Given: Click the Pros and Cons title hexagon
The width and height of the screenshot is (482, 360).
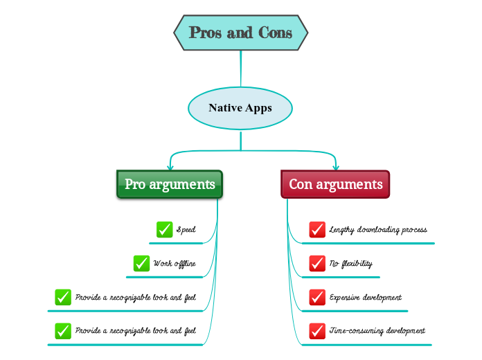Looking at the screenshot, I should [x=240, y=33].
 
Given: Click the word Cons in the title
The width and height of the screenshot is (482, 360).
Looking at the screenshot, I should [x=275, y=33].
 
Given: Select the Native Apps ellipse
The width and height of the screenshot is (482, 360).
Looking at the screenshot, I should [x=240, y=108].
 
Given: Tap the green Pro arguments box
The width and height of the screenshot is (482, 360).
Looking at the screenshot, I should [x=170, y=184].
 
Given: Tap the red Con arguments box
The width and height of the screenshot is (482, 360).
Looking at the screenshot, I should [x=335, y=184].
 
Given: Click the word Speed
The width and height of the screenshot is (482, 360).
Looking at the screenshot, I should [x=186, y=229].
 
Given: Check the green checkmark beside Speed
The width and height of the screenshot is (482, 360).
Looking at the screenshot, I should [x=164, y=229].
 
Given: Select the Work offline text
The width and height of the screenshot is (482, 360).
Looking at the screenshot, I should [x=175, y=263].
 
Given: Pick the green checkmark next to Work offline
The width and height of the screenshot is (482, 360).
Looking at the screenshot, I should [x=142, y=263].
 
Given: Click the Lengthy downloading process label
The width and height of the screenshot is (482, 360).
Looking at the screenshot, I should [x=377, y=229].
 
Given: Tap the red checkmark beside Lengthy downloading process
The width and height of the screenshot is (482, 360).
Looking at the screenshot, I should [x=317, y=229].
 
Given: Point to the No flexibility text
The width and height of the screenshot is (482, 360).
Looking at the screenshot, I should [x=350, y=263].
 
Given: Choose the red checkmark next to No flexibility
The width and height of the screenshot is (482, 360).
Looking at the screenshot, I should [x=317, y=263].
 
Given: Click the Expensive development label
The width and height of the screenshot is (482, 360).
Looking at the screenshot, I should [x=365, y=297].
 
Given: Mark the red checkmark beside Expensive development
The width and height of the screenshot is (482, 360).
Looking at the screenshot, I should [x=317, y=297].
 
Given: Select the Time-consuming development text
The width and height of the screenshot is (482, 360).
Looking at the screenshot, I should [x=377, y=331].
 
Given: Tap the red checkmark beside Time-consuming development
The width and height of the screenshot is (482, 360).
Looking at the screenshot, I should [x=317, y=331].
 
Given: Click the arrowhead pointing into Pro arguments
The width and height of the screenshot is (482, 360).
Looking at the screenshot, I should [x=170, y=167].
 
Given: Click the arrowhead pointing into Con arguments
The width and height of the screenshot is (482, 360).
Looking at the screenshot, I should [x=336, y=167].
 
